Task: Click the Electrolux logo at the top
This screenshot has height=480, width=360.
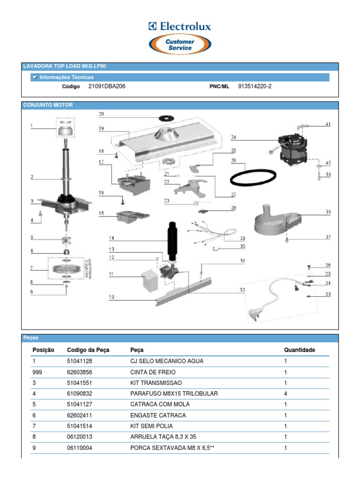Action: tap(180, 27)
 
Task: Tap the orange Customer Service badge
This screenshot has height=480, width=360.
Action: tap(180, 45)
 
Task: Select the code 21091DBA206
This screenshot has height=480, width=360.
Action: tap(106, 86)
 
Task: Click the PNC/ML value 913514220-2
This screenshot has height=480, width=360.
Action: tap(255, 86)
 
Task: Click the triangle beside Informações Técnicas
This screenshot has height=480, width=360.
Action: tap(35, 77)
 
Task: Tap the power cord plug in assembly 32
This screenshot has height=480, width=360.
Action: tap(256, 313)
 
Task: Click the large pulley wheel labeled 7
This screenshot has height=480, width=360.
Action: tap(66, 270)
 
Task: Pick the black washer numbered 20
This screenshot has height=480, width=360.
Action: tap(165, 116)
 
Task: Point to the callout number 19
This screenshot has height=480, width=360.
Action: tap(101, 128)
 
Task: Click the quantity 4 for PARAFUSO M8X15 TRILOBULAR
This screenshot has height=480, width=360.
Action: tap(285, 394)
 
